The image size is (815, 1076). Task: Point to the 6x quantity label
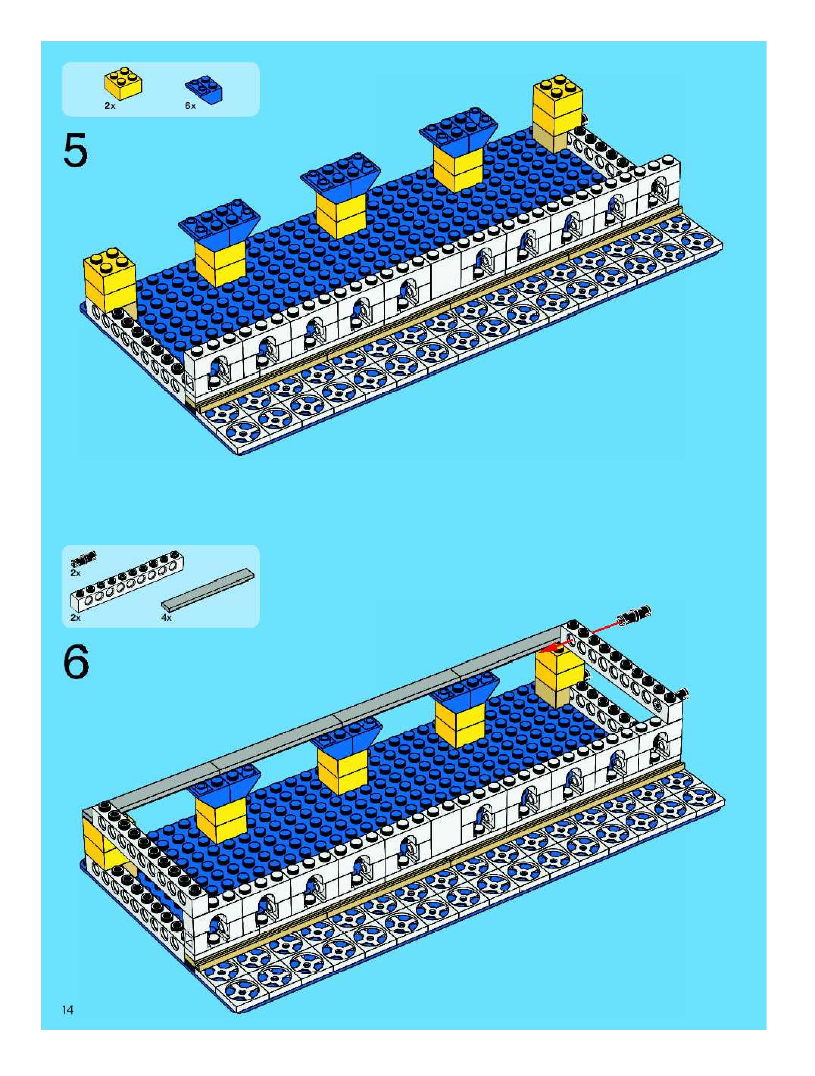click(190, 106)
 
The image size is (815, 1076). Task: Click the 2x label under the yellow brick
click(110, 106)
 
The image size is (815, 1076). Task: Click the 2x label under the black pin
click(75, 573)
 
